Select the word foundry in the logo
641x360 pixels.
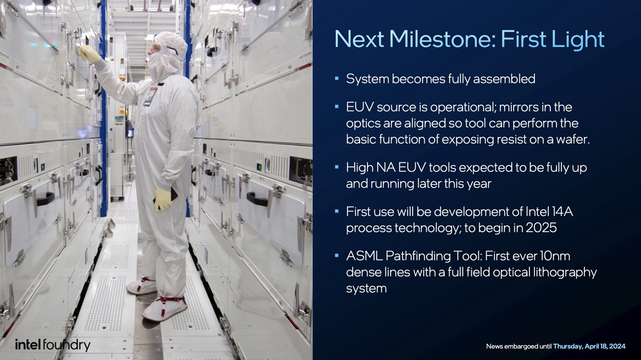pos(67,345)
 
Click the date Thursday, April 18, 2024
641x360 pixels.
pos(589,346)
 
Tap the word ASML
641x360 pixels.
pos(364,256)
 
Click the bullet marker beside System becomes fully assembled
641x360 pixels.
pos(337,78)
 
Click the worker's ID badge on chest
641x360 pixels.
pos(150,97)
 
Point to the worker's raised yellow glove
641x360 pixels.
pos(89,54)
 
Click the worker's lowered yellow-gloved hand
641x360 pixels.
pos(163,199)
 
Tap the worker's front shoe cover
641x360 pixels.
pos(165,308)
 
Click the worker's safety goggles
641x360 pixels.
pos(155,48)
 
